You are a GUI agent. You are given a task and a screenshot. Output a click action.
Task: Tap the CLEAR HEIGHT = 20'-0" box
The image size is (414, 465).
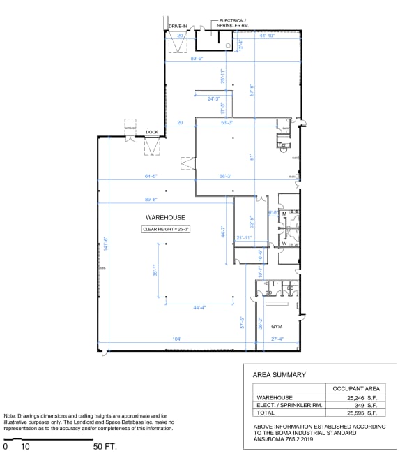(167, 229)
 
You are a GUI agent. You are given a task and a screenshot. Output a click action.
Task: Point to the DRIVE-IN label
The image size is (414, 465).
(178, 26)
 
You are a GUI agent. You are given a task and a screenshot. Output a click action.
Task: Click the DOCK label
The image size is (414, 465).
(151, 131)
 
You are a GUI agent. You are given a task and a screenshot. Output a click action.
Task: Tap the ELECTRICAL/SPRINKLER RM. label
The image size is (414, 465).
(233, 23)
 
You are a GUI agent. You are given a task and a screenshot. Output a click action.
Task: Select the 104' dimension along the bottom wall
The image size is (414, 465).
(176, 339)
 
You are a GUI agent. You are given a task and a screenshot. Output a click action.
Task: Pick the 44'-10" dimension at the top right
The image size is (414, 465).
(269, 35)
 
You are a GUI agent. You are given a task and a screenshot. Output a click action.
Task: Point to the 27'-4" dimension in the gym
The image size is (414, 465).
(276, 339)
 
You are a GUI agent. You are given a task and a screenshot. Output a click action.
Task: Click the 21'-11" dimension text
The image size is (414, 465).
(244, 238)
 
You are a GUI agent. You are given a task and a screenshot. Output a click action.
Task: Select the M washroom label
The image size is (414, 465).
(284, 213)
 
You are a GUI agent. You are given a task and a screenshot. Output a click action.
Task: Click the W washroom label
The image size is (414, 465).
(284, 242)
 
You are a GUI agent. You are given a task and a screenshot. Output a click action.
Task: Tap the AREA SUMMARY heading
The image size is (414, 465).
(279, 374)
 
